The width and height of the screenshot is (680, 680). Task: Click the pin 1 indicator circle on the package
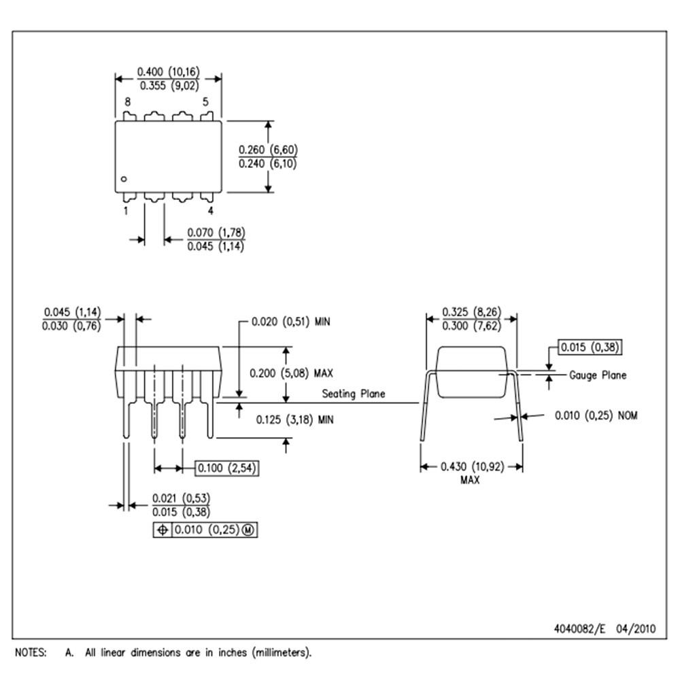coord(124,179)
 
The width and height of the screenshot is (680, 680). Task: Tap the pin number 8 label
coord(128,102)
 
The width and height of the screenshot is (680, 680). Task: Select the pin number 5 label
coord(205,102)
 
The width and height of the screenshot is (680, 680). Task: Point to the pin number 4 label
coord(211,211)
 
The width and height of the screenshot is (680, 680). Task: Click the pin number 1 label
coord(126,211)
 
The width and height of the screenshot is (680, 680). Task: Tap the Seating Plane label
coord(354,394)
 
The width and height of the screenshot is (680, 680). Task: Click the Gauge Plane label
coord(598,375)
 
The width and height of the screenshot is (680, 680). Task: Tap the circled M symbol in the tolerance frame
coord(248,530)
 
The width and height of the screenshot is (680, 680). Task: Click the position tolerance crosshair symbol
coord(163,530)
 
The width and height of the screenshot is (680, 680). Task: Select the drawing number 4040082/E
coord(579,628)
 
